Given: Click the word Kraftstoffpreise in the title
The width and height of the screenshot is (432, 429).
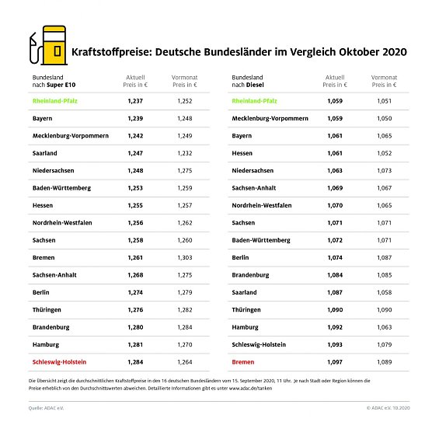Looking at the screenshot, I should point(109,54).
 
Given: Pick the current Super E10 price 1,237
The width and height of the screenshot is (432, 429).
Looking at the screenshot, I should point(135,101).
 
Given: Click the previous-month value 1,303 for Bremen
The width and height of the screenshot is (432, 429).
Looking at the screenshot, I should point(184,257).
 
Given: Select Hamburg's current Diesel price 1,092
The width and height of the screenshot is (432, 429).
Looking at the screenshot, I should point(334,326).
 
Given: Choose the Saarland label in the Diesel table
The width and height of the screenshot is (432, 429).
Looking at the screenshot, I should point(247,292).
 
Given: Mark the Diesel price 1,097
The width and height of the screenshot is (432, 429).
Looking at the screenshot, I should point(334,361).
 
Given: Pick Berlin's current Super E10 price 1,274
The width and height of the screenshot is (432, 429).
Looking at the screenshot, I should point(135,292).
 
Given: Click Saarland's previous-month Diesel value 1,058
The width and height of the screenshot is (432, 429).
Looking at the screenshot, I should point(383,292).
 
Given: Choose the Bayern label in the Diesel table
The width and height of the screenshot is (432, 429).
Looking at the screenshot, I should point(242,136).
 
